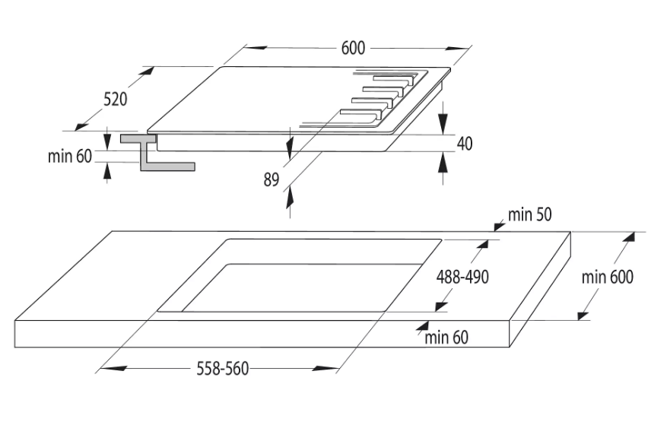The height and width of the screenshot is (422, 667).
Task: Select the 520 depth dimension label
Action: [115, 98]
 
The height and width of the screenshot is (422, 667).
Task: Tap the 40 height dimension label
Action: [464, 143]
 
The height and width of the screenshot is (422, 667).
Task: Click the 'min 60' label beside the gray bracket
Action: [69, 157]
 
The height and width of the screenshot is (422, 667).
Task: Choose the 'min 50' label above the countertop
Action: [530, 215]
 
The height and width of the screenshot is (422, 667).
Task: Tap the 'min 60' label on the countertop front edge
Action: [446, 338]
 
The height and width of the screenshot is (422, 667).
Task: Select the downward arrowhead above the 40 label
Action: [444, 125]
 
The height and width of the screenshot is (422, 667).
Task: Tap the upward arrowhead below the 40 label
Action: [444, 160]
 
